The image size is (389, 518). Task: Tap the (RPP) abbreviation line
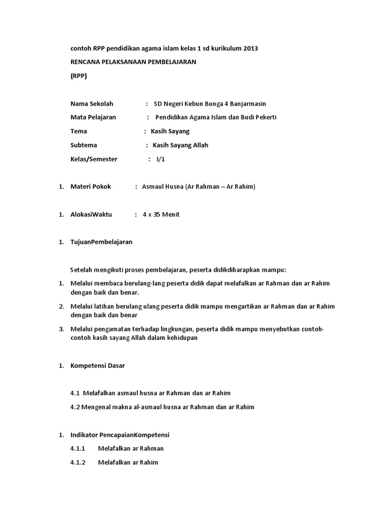point(79,76)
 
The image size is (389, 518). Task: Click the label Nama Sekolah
point(92,104)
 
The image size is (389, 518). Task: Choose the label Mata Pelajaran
point(93,117)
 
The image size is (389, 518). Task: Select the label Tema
point(79,132)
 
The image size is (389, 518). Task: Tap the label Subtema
point(84,145)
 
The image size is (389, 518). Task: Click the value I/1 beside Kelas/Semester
point(161,159)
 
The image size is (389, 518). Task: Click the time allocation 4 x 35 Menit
point(161,214)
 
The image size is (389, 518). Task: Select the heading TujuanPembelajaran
point(101,242)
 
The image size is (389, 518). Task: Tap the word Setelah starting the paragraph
point(82,270)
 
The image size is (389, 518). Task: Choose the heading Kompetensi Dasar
point(98,365)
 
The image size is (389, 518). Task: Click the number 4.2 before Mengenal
point(75,407)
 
